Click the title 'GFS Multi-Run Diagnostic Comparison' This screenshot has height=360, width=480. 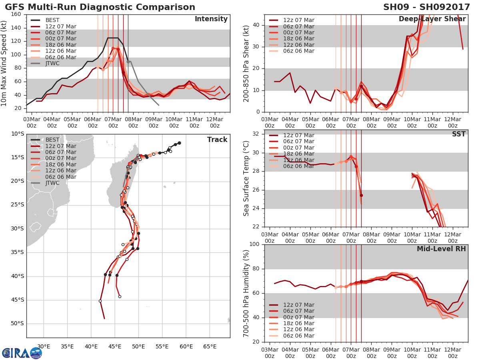(x=100, y=7)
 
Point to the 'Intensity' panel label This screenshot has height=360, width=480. (x=211, y=19)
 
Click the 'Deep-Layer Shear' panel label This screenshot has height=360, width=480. (x=432, y=19)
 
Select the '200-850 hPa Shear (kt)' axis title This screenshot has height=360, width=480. (x=246, y=63)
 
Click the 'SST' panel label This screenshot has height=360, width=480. (x=459, y=134)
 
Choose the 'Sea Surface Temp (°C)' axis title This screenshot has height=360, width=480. (x=246, y=178)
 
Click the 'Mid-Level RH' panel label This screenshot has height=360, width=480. (x=441, y=249)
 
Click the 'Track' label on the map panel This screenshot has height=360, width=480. (x=217, y=140)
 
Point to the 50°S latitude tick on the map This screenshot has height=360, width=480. (x=17, y=324)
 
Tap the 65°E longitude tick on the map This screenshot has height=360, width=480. (x=210, y=346)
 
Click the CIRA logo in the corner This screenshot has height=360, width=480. (x=22, y=353)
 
